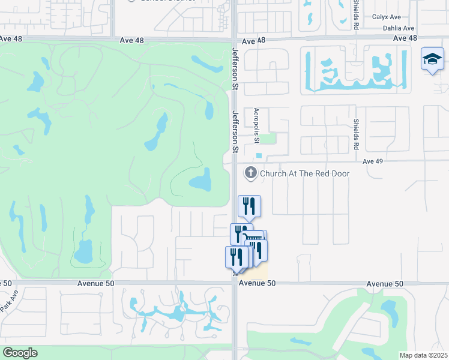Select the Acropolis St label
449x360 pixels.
[256, 124]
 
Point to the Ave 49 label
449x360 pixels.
[373, 161]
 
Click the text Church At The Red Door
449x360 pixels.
[305, 173]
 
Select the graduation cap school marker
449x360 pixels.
[432, 59]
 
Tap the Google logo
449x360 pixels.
[20, 352]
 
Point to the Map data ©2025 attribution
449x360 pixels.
[424, 355]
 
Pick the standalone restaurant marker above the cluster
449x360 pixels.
[249, 206]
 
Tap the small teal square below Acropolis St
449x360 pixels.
[259, 155]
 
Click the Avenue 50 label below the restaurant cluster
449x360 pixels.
[257, 283]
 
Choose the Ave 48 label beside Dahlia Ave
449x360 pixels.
[405, 38]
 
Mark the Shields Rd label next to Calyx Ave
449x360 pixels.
[356, 15]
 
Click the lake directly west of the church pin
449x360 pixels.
[200, 179]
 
